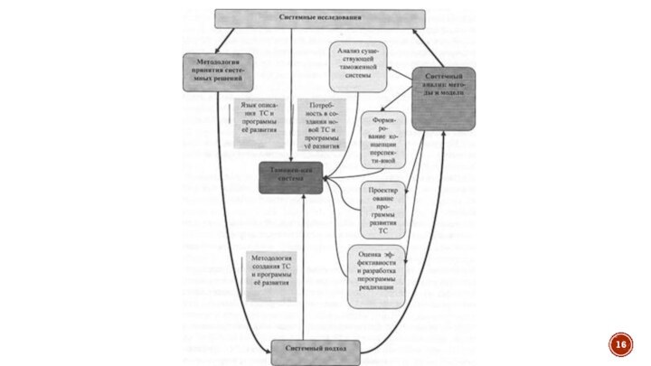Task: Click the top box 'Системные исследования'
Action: tap(319, 17)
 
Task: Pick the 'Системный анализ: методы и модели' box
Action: tap(443, 98)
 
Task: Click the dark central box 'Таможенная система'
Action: tap(292, 177)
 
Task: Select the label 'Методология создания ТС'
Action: tap(269, 270)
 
